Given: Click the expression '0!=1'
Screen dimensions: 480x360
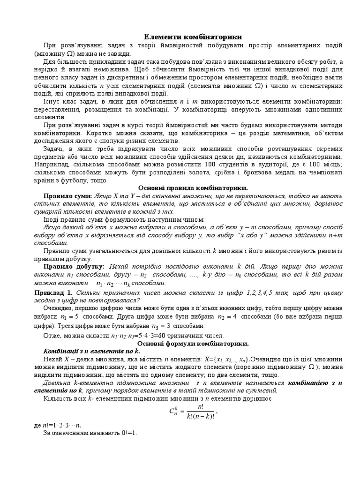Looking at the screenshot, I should tap(126, 433).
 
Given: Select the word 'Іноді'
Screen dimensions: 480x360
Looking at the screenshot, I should tap(52, 219).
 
